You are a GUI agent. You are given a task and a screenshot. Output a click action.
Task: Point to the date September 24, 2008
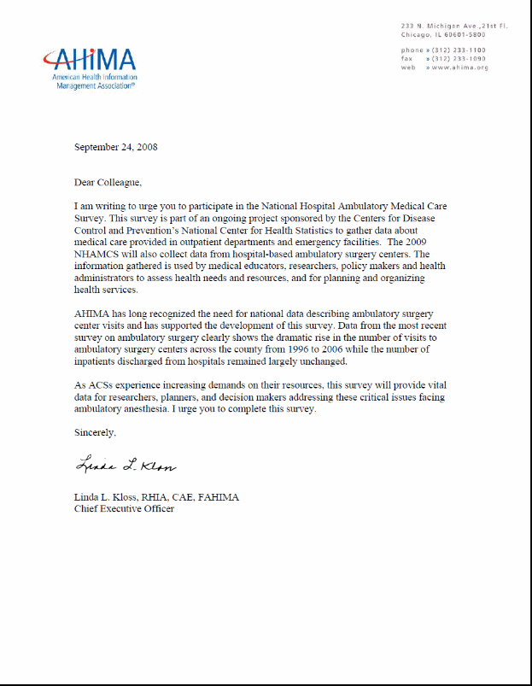click(115, 147)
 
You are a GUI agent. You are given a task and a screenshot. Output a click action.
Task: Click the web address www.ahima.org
click(459, 67)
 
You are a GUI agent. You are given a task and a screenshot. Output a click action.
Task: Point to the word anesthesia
click(155, 409)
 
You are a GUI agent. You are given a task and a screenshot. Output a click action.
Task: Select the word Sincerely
click(94, 433)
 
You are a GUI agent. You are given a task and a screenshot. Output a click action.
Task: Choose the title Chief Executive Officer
click(124, 509)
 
